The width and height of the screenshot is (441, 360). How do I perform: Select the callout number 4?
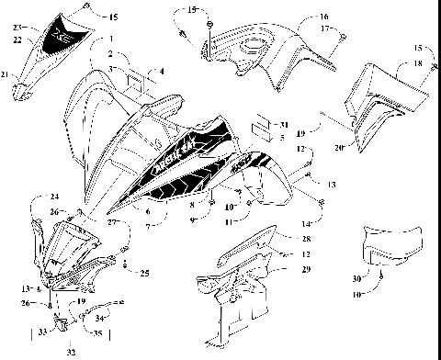[162, 71]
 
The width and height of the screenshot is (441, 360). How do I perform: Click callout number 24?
[54, 197]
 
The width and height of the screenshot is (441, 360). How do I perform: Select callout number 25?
[145, 272]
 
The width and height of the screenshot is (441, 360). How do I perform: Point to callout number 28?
[306, 238]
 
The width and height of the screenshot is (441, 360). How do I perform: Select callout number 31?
[285, 124]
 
